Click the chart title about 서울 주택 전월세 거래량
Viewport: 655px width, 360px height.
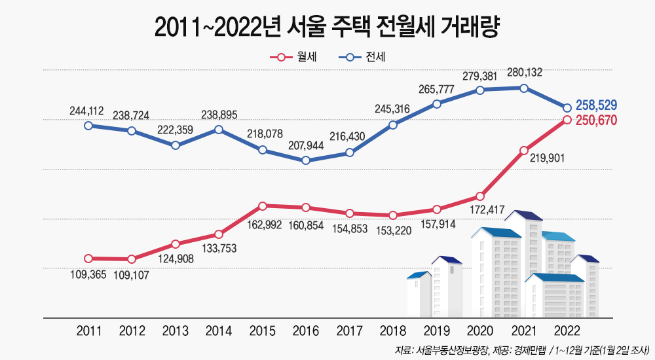pyautogui.click(x=327, y=27)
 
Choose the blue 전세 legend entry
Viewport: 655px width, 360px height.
pyautogui.click(x=360, y=58)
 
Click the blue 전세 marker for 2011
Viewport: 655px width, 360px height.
pyautogui.click(x=88, y=125)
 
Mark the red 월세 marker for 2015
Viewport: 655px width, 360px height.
pyautogui.click(x=262, y=206)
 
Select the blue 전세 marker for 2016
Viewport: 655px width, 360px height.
pyautogui.click(x=306, y=160)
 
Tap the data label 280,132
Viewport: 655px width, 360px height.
pyautogui.click(x=524, y=73)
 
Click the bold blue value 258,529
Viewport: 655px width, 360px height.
pyautogui.click(x=596, y=105)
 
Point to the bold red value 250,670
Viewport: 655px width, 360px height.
pyautogui.click(x=596, y=120)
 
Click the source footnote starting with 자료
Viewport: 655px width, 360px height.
pyautogui.click(x=521, y=349)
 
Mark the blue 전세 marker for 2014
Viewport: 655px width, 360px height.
pyautogui.click(x=219, y=130)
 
